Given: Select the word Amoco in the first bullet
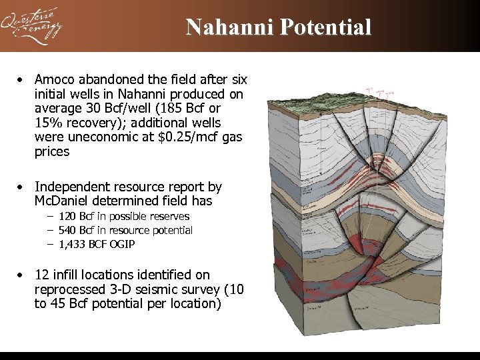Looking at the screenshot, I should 55,79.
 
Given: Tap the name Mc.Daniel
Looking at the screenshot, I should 65,201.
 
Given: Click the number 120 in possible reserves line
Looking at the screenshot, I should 67,217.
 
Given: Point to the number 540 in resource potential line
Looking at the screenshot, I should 67,231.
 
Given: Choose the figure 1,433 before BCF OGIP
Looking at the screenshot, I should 73,245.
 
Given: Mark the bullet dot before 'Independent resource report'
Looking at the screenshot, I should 22,187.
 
